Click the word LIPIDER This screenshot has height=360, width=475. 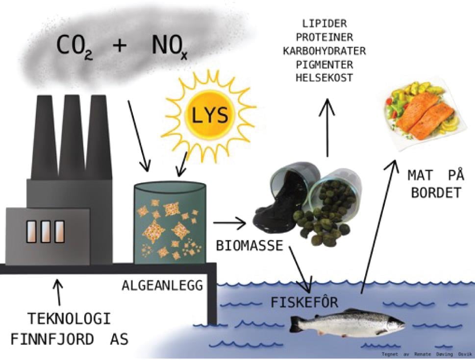(325, 24)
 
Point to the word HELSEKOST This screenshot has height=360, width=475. (325, 78)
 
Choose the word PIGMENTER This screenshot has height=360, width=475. (325, 64)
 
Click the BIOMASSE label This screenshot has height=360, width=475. (250, 245)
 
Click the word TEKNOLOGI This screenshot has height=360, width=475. (68, 319)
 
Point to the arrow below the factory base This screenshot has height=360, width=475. (59, 292)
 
